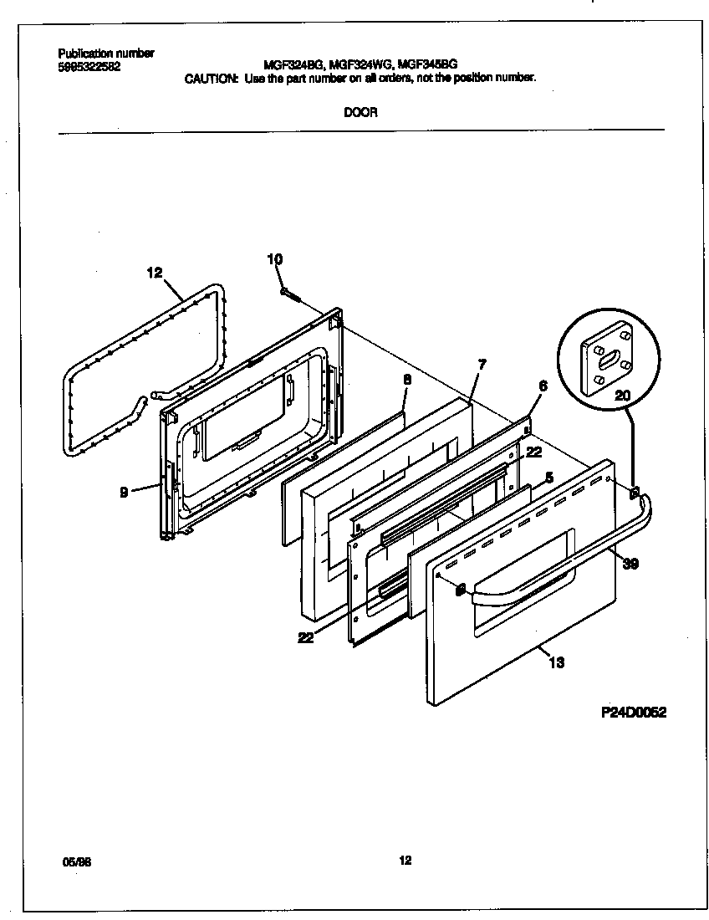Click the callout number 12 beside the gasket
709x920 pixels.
click(x=154, y=272)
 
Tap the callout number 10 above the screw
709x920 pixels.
click(x=275, y=259)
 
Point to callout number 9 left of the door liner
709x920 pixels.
click(x=124, y=493)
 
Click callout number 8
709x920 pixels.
click(x=407, y=379)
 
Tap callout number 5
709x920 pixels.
click(x=548, y=478)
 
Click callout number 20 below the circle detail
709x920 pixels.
click(x=623, y=396)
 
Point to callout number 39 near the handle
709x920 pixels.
click(x=631, y=564)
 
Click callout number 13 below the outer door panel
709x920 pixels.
click(x=557, y=662)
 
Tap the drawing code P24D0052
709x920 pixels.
click(x=633, y=713)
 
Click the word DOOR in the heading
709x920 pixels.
click(x=360, y=113)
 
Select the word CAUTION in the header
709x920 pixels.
click(x=210, y=78)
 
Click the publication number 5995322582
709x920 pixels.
click(x=89, y=67)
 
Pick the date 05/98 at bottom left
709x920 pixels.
click(x=77, y=860)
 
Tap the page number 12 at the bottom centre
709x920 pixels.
click(x=405, y=859)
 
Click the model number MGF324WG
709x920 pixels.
click(x=361, y=63)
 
